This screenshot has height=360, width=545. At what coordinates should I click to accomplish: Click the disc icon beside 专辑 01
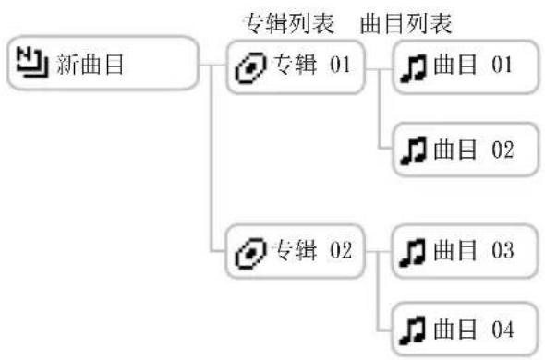[x=250, y=68]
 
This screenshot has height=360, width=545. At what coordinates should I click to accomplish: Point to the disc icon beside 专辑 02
[x=250, y=252]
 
